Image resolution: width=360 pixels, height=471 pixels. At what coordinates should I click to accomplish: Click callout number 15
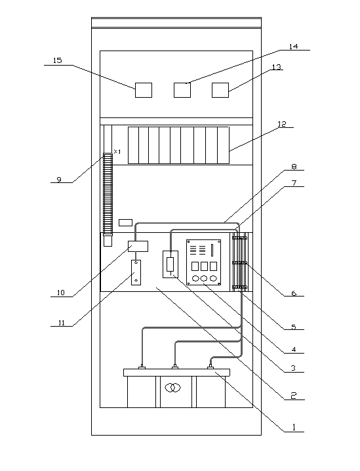57,60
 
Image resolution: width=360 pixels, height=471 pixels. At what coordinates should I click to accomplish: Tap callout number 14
293,47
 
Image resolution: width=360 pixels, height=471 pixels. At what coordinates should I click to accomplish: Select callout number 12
281,124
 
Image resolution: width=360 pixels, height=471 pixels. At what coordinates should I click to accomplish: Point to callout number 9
59,180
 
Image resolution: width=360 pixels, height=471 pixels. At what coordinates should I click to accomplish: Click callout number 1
294,427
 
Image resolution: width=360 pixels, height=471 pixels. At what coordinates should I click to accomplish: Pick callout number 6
294,293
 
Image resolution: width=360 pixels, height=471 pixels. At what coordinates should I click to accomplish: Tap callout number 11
61,323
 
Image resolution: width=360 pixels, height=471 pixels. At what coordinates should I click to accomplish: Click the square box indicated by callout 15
144,90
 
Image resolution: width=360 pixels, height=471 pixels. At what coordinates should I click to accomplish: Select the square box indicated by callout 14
182,90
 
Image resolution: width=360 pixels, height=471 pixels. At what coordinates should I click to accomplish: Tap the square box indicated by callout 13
220,90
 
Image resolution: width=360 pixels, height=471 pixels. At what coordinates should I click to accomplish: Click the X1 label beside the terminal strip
117,152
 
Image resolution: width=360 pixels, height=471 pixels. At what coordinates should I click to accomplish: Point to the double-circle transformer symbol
173,388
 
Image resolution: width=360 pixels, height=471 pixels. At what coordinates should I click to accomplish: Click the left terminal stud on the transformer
142,367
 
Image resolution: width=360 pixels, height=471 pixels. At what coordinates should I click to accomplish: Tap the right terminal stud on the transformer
210,367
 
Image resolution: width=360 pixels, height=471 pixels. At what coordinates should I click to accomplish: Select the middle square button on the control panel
204,266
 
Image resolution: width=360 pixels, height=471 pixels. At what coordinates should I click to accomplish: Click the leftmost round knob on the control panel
195,278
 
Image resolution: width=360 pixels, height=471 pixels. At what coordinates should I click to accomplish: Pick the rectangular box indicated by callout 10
138,246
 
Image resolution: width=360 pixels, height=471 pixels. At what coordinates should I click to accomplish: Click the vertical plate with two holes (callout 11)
136,272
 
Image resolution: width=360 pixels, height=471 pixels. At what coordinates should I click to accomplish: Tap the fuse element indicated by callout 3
170,264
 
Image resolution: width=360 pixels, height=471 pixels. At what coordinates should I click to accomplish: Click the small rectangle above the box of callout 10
125,222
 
